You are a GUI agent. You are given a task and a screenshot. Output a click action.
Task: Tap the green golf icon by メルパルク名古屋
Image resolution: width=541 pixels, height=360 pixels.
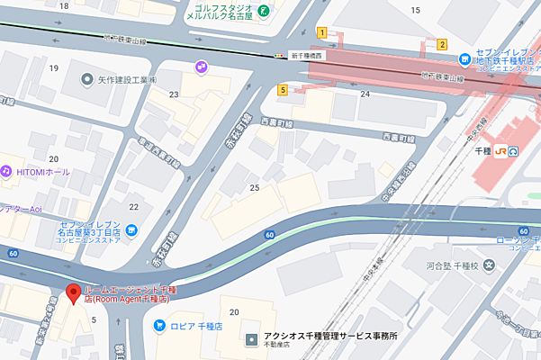(x=262, y=11)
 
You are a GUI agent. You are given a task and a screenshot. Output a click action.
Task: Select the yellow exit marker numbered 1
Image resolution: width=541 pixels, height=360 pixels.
(x=321, y=32)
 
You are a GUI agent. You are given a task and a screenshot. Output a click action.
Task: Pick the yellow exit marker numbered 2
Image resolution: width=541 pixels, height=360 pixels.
(x=442, y=43)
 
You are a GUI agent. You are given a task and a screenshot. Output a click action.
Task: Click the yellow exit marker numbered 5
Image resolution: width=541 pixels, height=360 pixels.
(x=283, y=89)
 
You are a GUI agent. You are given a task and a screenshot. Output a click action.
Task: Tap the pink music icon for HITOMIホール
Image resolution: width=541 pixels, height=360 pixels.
(x=5, y=171)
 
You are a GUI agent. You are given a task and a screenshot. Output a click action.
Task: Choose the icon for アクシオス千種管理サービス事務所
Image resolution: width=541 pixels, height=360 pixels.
(x=251, y=340)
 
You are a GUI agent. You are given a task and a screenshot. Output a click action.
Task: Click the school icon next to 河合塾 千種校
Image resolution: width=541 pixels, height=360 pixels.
(x=489, y=265)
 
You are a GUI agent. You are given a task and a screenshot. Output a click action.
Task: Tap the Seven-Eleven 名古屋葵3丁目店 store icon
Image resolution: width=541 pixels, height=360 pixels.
(x=131, y=230)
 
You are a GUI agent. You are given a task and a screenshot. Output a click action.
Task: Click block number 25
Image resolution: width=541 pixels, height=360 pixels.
(x=255, y=187)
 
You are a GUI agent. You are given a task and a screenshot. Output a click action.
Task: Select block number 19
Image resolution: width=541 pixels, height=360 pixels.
(x=54, y=68)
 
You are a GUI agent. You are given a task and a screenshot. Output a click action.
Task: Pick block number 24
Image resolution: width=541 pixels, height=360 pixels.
(x=365, y=94)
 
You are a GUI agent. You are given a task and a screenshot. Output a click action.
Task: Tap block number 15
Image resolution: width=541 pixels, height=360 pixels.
(x=415, y=10)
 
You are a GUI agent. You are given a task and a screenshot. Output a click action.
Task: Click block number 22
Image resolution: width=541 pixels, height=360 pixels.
(x=133, y=208)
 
